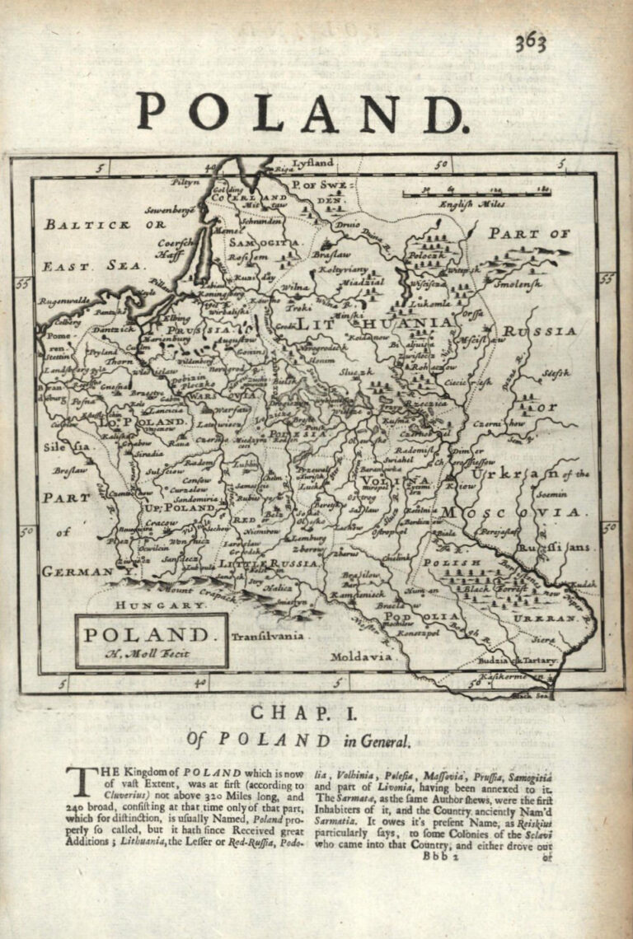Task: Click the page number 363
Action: click(531, 42)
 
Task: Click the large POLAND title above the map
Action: click(302, 113)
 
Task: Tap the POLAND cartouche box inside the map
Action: click(151, 641)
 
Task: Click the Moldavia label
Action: click(361, 656)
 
